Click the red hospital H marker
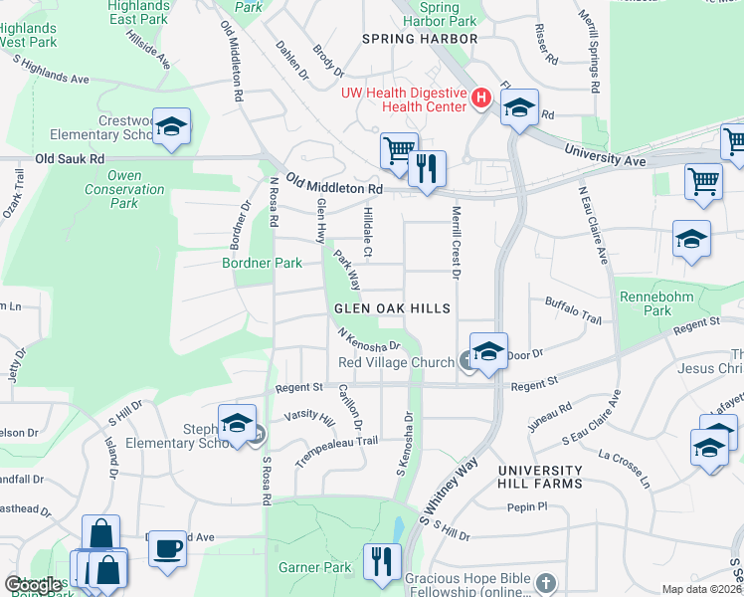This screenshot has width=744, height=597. click(x=481, y=99)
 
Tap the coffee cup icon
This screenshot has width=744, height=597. click(x=167, y=548)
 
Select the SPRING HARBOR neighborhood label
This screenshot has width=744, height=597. click(x=420, y=39)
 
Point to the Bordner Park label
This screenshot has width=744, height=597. click(x=262, y=264)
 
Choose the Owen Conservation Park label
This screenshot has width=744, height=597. click(x=124, y=189)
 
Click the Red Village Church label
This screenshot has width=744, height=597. click(x=397, y=362)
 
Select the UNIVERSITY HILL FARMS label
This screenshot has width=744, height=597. click(x=540, y=477)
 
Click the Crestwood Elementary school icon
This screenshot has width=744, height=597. click(x=171, y=127)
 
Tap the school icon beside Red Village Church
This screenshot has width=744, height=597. click(x=488, y=353)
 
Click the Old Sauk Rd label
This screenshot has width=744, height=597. click(x=70, y=158)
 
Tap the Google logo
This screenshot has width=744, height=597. click(x=33, y=585)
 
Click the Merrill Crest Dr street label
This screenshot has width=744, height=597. click(x=457, y=240)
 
